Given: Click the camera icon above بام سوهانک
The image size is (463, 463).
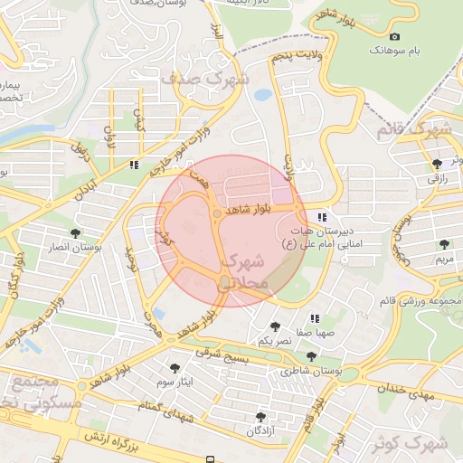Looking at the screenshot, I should point(394,36).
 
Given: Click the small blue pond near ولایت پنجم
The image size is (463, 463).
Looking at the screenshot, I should point(262,94).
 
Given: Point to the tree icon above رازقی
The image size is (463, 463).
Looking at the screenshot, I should point(438,164).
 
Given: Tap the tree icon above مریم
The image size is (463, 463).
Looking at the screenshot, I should point(443,244).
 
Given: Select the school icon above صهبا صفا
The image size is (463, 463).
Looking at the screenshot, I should point(315,318).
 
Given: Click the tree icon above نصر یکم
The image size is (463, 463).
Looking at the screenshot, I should point(275,326).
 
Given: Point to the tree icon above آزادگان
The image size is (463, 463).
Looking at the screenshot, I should point(261,417).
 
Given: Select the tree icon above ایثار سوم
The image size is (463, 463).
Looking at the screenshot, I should point(175,367).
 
